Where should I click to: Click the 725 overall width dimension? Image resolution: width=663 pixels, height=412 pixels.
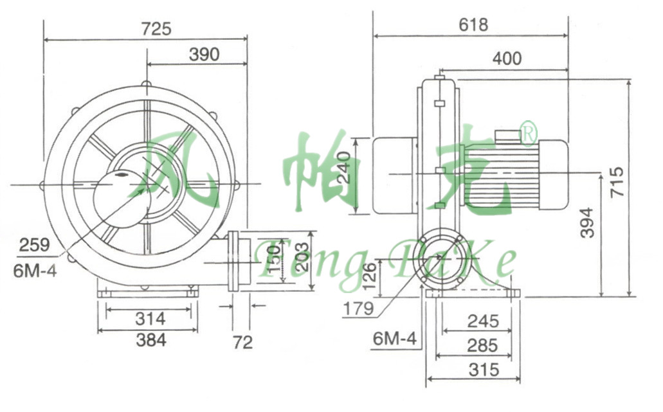tap(156, 29)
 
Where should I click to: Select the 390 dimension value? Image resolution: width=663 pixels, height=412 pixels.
tap(204, 55)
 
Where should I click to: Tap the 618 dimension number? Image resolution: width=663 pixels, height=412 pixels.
tap(473, 25)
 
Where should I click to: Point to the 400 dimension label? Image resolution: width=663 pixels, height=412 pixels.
tap(507, 58)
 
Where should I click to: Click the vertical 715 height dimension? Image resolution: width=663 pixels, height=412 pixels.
tap(618, 182)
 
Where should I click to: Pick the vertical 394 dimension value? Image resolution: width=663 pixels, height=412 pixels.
tap(587, 222)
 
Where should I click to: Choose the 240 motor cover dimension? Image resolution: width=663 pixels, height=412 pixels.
tap(344, 167)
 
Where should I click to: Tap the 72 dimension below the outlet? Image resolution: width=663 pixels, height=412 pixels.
tap(242, 343)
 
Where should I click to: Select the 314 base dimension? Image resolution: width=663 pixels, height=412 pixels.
tap(150, 319)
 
